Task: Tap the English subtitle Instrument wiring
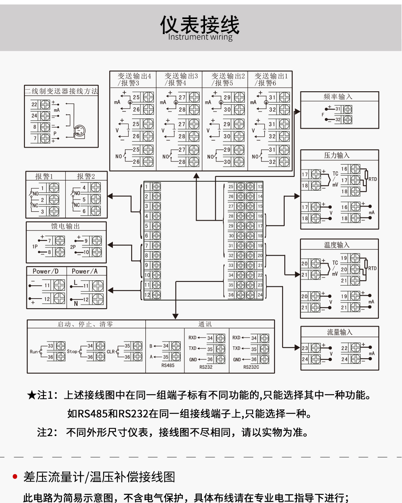(x=200, y=37)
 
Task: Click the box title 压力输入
(x=337, y=155)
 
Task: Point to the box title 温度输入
(x=337, y=245)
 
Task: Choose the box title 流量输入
(x=340, y=332)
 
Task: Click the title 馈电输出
(x=65, y=226)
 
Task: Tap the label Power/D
(x=45, y=271)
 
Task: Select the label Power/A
(x=84, y=271)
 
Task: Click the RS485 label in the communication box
(x=168, y=365)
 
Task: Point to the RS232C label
(x=251, y=367)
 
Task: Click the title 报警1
(x=44, y=176)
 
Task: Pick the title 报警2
(x=86, y=176)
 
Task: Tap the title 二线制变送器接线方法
(x=61, y=91)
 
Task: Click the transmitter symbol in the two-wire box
(x=80, y=131)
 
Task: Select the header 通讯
(x=205, y=324)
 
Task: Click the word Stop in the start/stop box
(x=72, y=351)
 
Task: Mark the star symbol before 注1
(x=32, y=395)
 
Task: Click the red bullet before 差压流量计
(x=15, y=477)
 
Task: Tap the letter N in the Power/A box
(x=76, y=303)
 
